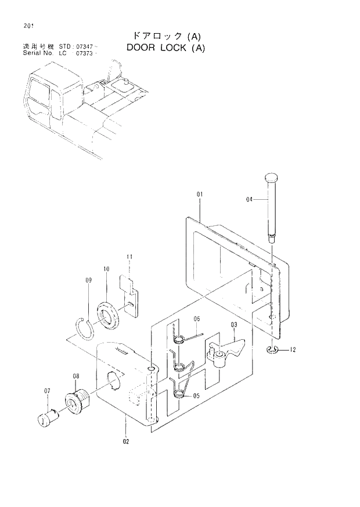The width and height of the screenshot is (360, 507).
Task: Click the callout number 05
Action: click(196, 395)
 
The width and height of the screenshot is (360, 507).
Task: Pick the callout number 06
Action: click(196, 319)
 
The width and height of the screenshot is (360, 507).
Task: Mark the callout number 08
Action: click(75, 376)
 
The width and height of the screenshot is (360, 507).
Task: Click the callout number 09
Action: click(88, 281)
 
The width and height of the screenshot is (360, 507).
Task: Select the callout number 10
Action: click(106, 269)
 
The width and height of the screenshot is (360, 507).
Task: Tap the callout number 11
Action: click(130, 256)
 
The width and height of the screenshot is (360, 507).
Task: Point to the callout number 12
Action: click(293, 350)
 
